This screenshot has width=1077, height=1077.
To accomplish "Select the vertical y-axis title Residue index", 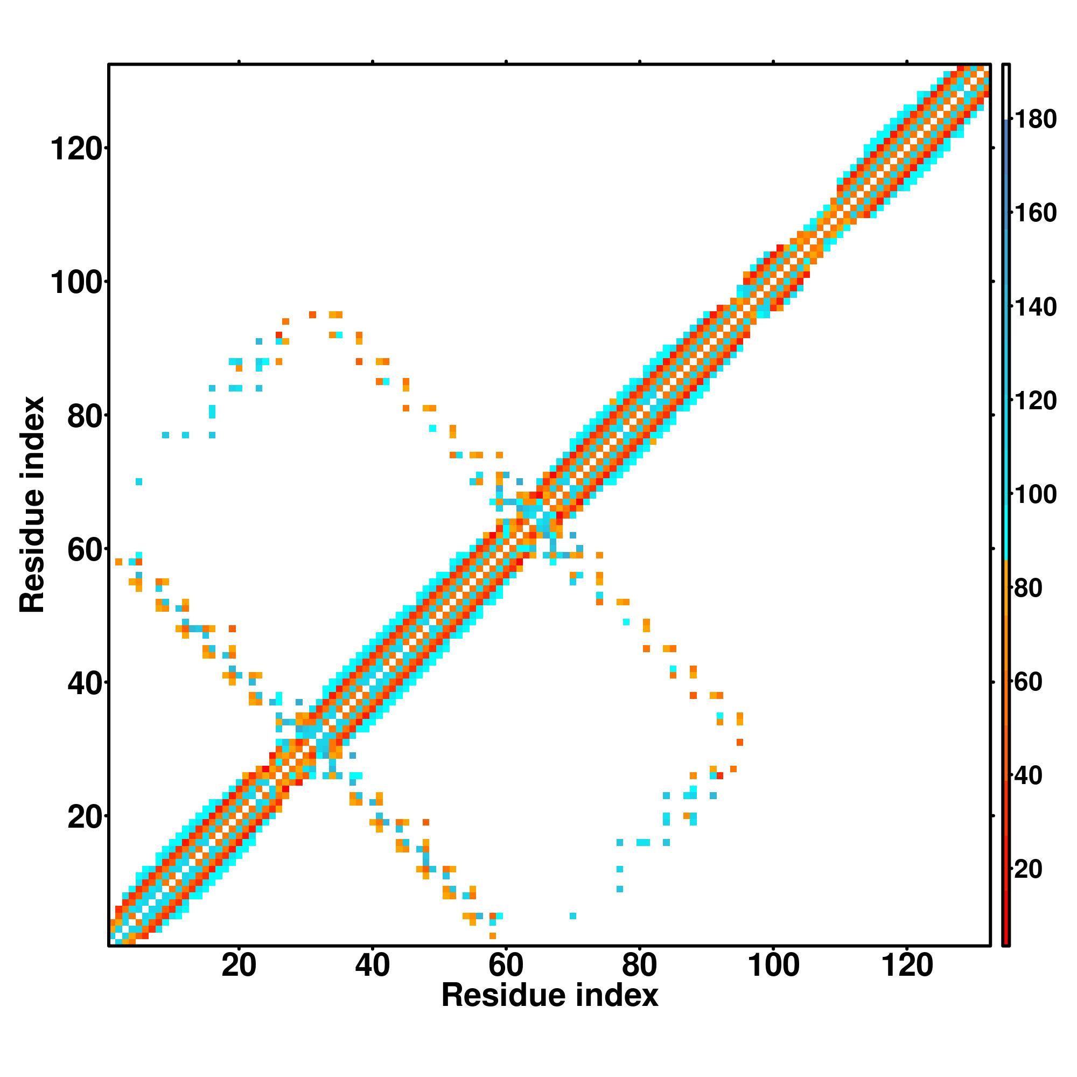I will (x=32, y=505).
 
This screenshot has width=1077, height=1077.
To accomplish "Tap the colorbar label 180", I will (x=1035, y=120).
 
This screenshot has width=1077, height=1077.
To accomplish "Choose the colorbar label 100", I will (x=1035, y=494).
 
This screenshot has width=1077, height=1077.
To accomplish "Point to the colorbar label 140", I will (x=1035, y=306).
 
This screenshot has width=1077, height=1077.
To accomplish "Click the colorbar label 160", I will (x=1035, y=213).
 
